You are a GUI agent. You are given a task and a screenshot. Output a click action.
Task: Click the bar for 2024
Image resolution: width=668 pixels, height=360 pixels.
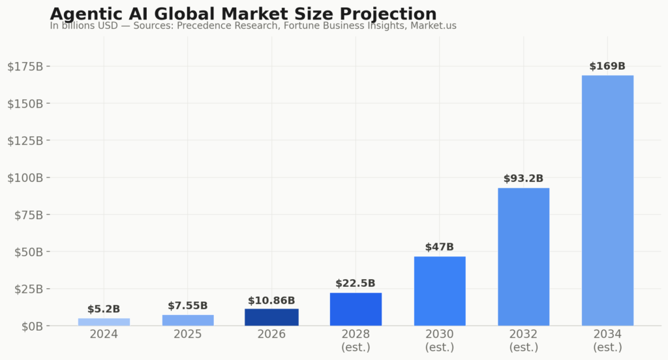point(104,322)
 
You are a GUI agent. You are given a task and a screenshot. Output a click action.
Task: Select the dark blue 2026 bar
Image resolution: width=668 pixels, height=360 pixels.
point(271,317)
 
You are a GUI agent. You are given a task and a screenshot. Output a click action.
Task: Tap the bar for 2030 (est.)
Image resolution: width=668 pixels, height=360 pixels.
point(440,291)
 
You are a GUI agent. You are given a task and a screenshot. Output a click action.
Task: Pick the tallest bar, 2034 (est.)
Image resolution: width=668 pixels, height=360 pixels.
point(607,200)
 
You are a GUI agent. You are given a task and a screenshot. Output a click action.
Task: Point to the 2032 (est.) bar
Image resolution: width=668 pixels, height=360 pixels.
point(523,256)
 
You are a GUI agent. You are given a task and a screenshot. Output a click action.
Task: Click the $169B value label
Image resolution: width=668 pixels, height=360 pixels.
point(607,67)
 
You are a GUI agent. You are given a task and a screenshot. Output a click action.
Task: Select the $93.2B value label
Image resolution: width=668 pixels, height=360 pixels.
point(523,179)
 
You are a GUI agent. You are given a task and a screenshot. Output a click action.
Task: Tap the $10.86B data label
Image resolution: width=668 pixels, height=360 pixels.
point(271,301)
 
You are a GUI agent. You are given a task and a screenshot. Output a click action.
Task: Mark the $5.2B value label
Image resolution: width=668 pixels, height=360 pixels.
point(104,309)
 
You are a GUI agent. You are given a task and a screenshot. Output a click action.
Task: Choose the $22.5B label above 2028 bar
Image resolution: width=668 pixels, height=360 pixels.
point(356,284)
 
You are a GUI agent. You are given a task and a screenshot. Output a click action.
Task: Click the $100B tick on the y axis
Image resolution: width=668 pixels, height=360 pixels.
point(25,177)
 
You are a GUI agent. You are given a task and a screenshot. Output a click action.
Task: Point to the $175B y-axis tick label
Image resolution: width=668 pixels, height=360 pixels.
point(25,67)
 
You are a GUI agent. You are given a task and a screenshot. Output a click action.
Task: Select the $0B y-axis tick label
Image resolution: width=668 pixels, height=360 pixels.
point(29,325)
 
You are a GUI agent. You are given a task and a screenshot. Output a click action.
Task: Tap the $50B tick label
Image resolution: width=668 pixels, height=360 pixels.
point(27,252)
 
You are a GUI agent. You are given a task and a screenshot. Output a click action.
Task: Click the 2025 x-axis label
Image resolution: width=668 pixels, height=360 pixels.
point(188,335)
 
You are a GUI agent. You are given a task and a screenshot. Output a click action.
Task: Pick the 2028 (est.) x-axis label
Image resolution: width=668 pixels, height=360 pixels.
point(356,340)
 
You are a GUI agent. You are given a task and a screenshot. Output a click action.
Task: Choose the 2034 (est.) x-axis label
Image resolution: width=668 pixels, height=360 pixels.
point(607,340)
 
